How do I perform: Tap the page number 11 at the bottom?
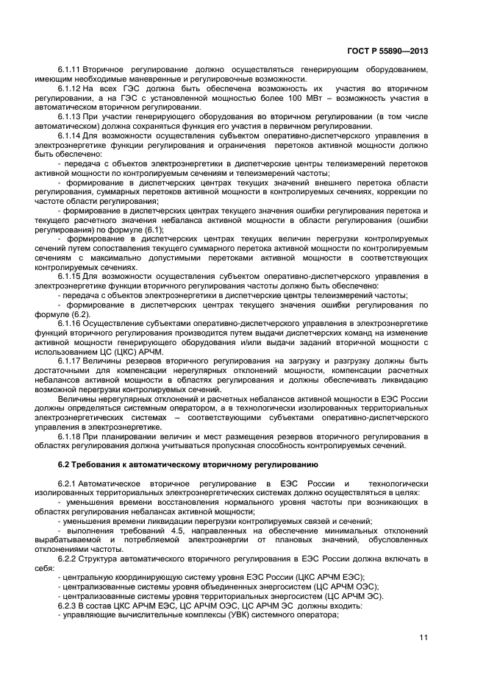[x=424, y=637]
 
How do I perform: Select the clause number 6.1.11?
[x=69, y=70]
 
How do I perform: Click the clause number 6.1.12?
[x=69, y=89]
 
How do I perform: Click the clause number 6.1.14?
[x=69, y=137]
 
